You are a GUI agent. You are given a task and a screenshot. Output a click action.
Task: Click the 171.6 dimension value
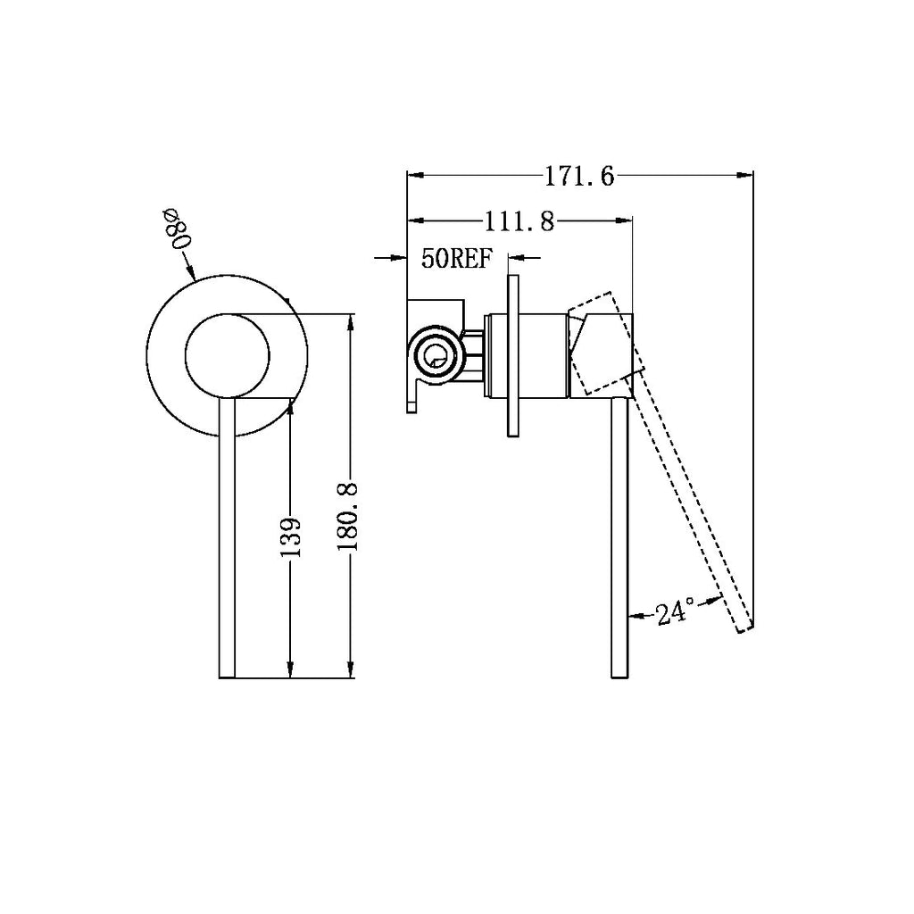coord(579,176)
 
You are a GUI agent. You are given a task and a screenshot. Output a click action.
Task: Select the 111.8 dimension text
coord(519,222)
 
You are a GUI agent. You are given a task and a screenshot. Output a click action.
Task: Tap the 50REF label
coord(458,258)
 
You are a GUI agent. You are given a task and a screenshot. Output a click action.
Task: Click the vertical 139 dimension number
coord(290,536)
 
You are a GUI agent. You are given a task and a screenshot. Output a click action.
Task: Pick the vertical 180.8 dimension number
coord(347,517)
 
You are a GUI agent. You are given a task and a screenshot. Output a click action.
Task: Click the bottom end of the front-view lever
coord(227,677)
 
